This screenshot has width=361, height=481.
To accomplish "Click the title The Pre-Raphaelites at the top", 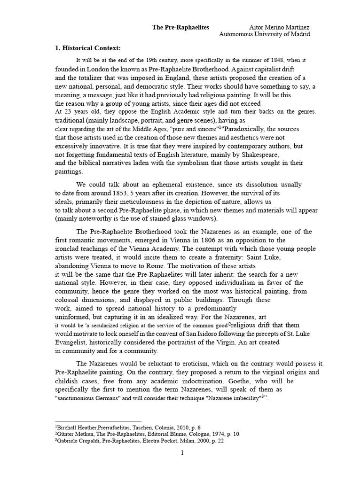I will (x=180, y=27).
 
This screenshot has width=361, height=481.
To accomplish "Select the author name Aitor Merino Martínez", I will (x=279, y=27).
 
